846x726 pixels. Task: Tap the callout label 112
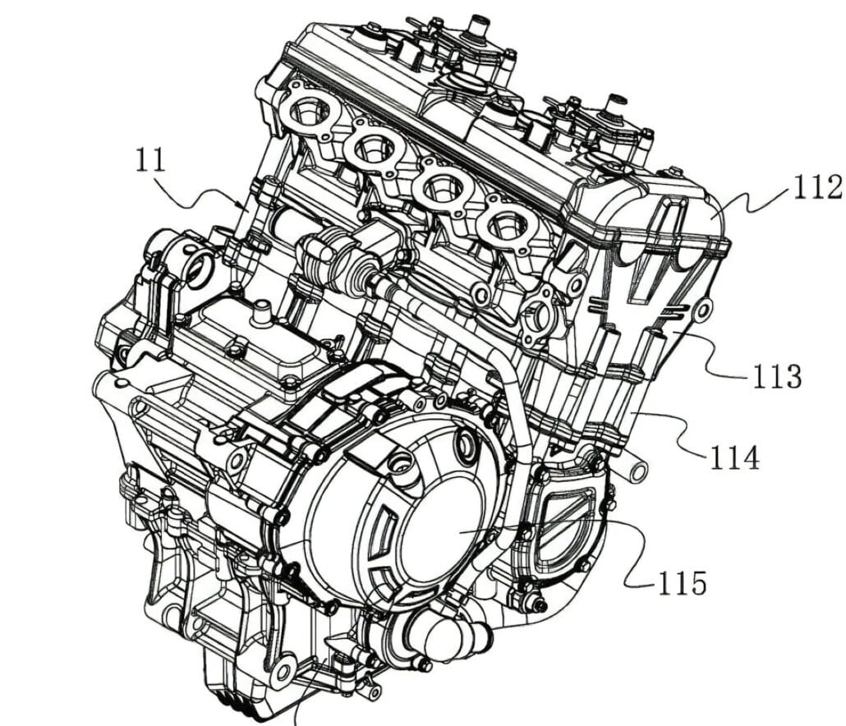pos(817,189)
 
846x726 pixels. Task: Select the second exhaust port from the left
pos(375,148)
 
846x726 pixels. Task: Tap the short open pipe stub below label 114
pos(635,469)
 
